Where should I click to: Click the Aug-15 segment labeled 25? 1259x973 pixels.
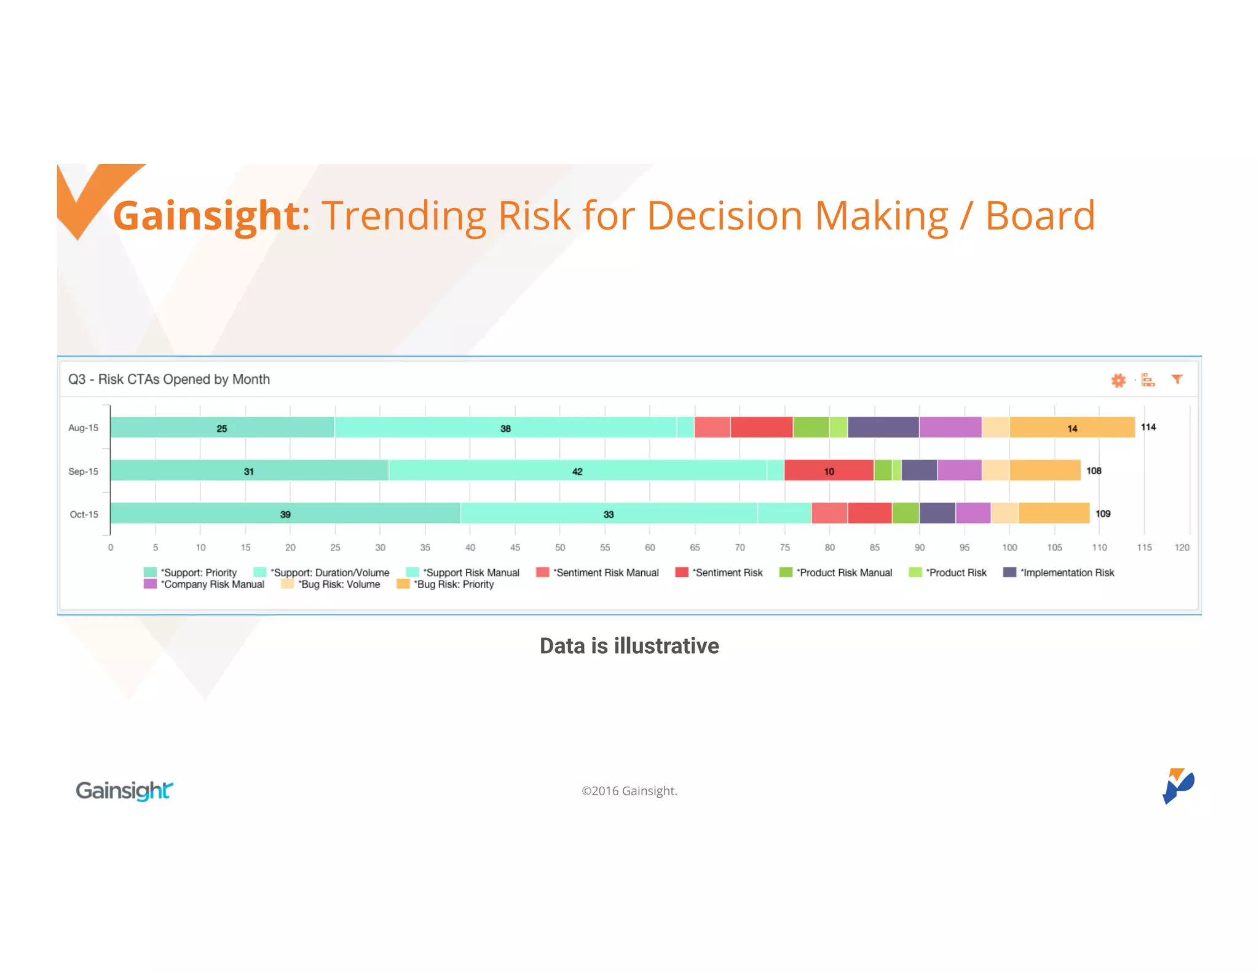(222, 428)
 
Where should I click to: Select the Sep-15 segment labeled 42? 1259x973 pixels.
(577, 471)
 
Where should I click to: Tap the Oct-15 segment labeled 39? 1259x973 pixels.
(285, 514)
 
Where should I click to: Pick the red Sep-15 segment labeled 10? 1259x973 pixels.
(829, 471)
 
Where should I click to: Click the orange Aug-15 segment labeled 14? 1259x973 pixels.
(1072, 428)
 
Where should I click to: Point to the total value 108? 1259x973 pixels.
(1094, 471)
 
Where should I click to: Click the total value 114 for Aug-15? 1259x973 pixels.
(1148, 427)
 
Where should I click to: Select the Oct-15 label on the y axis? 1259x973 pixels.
(84, 514)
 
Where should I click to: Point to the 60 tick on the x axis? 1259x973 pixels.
(650, 547)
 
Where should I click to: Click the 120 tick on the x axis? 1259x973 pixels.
(1182, 547)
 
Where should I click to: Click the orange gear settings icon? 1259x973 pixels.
(1118, 380)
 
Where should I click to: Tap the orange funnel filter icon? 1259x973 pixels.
(1177, 379)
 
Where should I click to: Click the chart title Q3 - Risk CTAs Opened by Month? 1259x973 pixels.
(169, 379)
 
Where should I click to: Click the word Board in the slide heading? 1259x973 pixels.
(1040, 216)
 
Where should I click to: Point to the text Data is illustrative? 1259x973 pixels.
(629, 646)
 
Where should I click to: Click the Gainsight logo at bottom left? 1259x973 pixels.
(124, 790)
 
